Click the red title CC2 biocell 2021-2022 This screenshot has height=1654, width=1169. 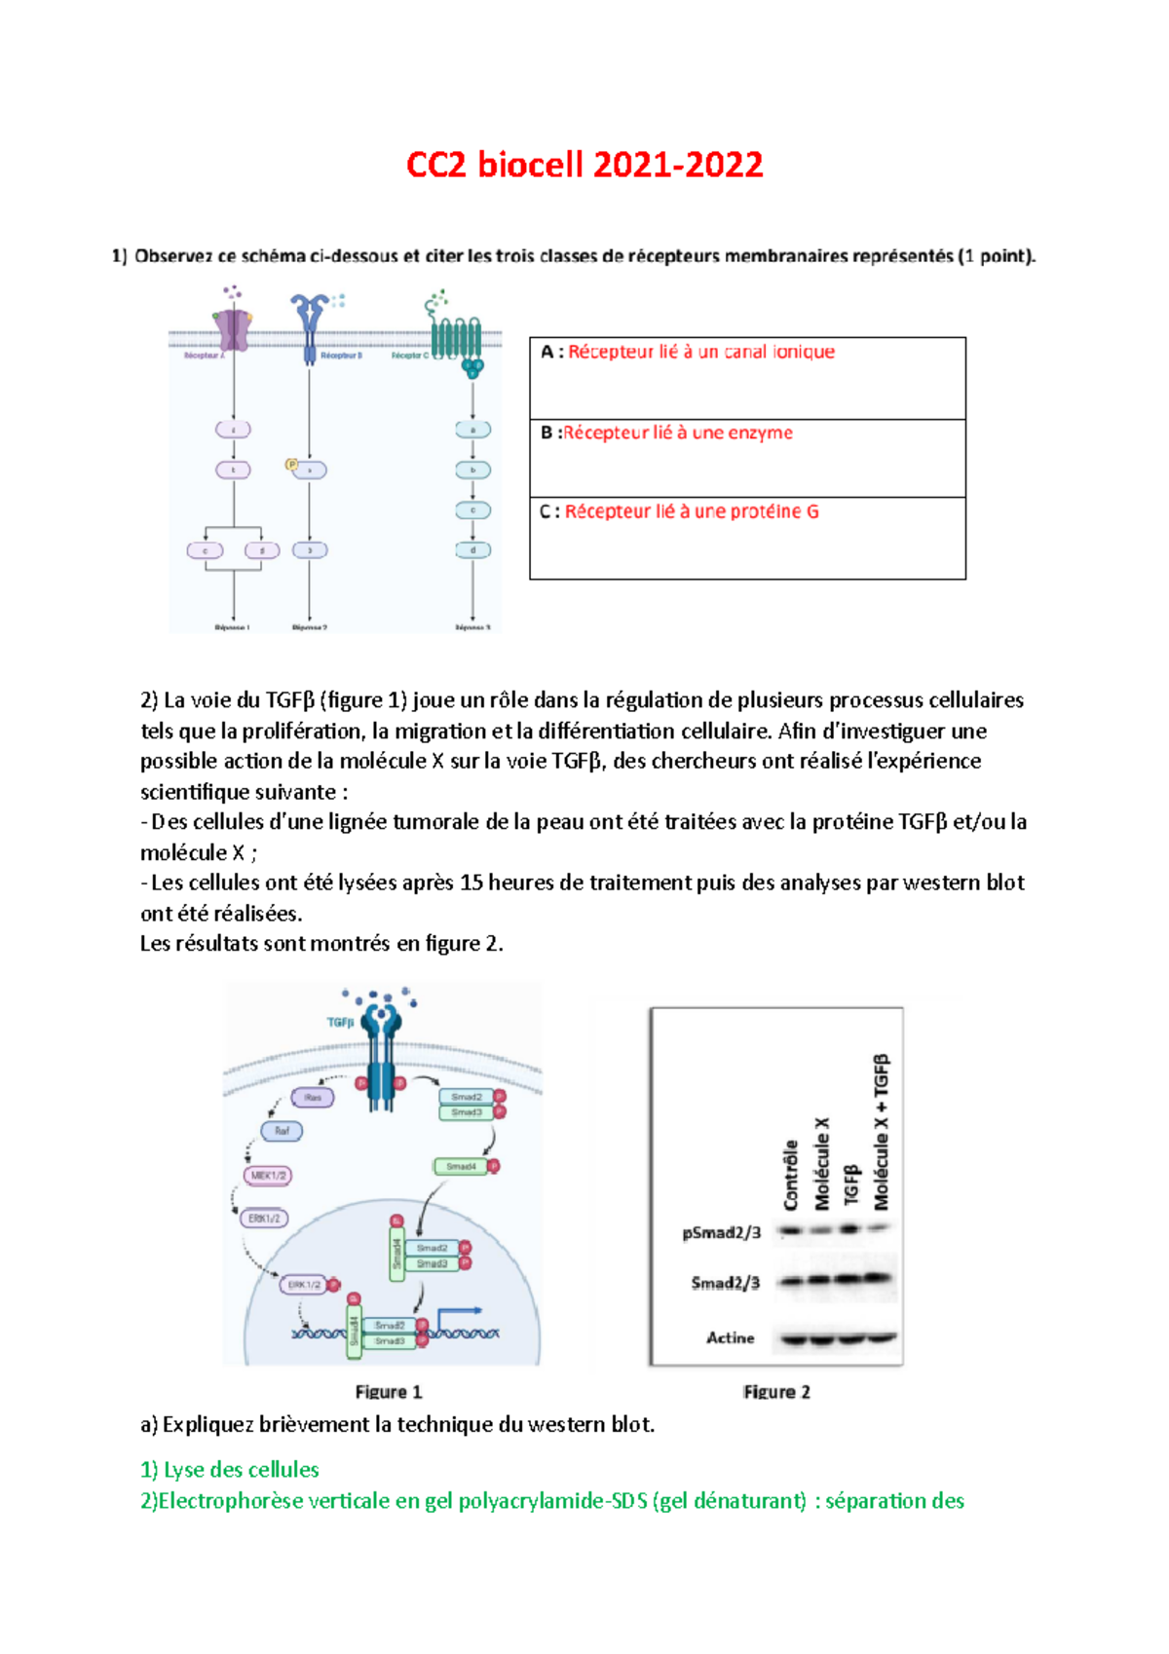pyautogui.click(x=584, y=165)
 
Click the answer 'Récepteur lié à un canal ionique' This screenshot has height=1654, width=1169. pyautogui.click(x=700, y=352)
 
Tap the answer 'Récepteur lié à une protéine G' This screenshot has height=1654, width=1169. pyautogui.click(x=691, y=511)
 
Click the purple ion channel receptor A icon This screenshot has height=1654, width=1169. pyautogui.click(x=233, y=328)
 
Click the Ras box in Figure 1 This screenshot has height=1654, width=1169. pyautogui.click(x=313, y=1098)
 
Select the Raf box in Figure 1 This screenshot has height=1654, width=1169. pyautogui.click(x=282, y=1131)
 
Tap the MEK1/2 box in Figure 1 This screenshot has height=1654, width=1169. pyautogui.click(x=268, y=1176)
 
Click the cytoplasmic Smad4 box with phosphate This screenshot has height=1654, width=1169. pyautogui.click(x=461, y=1166)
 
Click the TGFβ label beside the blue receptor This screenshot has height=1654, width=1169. pyautogui.click(x=340, y=1022)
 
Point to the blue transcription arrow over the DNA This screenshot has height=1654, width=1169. pyautogui.click(x=458, y=1314)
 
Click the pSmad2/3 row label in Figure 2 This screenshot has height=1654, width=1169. pyautogui.click(x=721, y=1233)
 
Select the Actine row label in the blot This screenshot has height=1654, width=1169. pyautogui.click(x=731, y=1338)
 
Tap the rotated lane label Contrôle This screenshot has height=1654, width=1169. pyautogui.click(x=791, y=1175)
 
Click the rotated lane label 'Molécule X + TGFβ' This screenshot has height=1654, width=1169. pyautogui.click(x=881, y=1132)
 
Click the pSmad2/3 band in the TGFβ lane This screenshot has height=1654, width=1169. pyautogui.click(x=849, y=1229)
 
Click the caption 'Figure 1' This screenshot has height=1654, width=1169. pyautogui.click(x=389, y=1392)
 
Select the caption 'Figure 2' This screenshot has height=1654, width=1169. pyautogui.click(x=776, y=1392)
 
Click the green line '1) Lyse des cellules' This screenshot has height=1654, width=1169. pyautogui.click(x=230, y=1470)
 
